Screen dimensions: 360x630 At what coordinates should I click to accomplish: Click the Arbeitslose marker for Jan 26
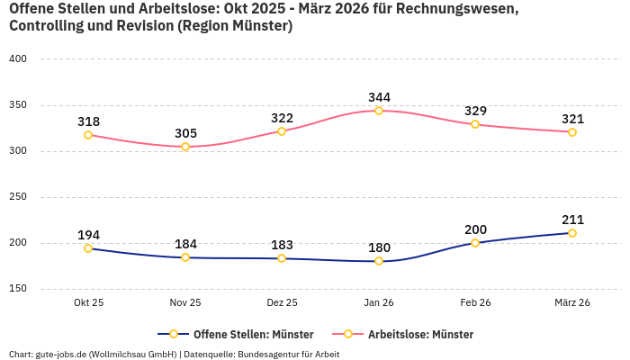pyautogui.click(x=379, y=111)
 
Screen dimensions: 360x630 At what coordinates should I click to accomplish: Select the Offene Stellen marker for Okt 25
pyautogui.click(x=88, y=248)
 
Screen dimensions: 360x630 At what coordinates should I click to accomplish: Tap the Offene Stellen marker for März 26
pyautogui.click(x=572, y=233)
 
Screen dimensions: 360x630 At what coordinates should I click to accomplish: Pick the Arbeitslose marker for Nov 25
pyautogui.click(x=185, y=147)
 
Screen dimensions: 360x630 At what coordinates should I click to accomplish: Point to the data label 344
pyautogui.click(x=379, y=97)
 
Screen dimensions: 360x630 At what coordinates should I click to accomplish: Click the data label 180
pyautogui.click(x=379, y=247)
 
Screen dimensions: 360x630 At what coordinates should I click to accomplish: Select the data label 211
pyautogui.click(x=572, y=220)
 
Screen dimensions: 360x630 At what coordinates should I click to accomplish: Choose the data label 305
pyautogui.click(x=185, y=133)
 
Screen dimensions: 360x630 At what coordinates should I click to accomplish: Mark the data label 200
pyautogui.click(x=475, y=229)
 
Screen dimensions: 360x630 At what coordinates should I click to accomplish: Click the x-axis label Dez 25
pyautogui.click(x=282, y=303)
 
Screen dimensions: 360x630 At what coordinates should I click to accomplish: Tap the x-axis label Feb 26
pyautogui.click(x=475, y=303)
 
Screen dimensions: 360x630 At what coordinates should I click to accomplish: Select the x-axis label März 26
pyautogui.click(x=572, y=303)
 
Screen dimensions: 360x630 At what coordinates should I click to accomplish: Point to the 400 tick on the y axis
pyautogui.click(x=19, y=59)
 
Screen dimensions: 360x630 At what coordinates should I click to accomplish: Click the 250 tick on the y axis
pyautogui.click(x=19, y=197)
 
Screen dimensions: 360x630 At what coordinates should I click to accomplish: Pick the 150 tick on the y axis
pyautogui.click(x=19, y=289)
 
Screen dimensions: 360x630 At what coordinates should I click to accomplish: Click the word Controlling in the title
pyautogui.click(x=48, y=26)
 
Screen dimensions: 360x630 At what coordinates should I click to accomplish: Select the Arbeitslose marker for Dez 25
pyautogui.click(x=282, y=131)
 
